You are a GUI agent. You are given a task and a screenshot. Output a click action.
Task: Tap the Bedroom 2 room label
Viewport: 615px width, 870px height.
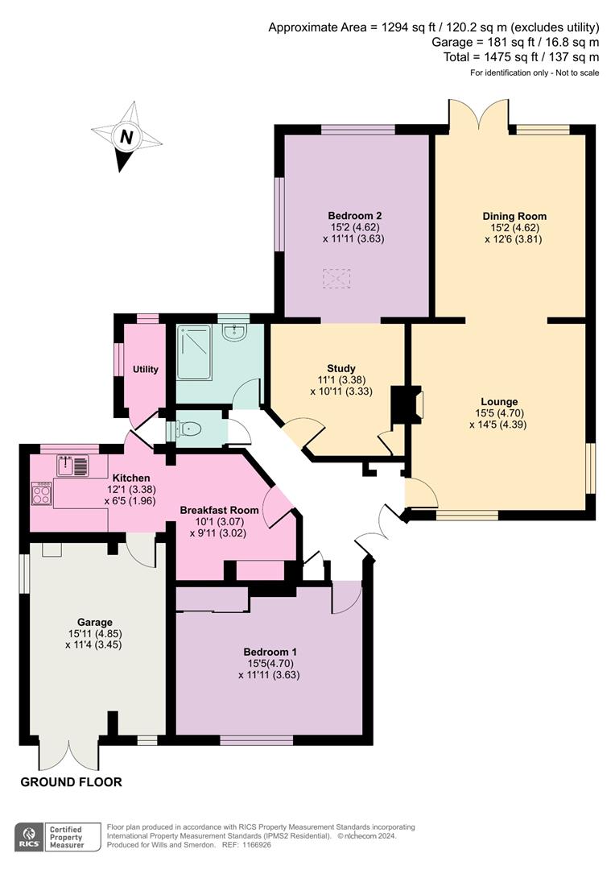pyautogui.click(x=354, y=216)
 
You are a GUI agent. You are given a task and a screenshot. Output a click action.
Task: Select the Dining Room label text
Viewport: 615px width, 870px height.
pyautogui.click(x=514, y=216)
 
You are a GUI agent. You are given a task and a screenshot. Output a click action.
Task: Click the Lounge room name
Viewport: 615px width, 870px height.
pyautogui.click(x=499, y=401)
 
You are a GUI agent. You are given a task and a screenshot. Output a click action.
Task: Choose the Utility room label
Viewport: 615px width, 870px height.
pyautogui.click(x=146, y=370)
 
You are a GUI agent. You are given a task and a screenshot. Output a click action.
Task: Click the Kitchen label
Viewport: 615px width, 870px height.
pyautogui.click(x=130, y=478)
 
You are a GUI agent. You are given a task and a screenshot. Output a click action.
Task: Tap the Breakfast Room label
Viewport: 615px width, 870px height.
pyautogui.click(x=219, y=510)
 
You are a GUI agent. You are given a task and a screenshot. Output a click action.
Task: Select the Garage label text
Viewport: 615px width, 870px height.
pyautogui.click(x=93, y=622)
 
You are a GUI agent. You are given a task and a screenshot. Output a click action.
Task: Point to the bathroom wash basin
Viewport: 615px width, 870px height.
pyautogui.click(x=234, y=332)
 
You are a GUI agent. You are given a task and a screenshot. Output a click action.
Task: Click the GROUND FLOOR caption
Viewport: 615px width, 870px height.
pyautogui.click(x=71, y=782)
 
